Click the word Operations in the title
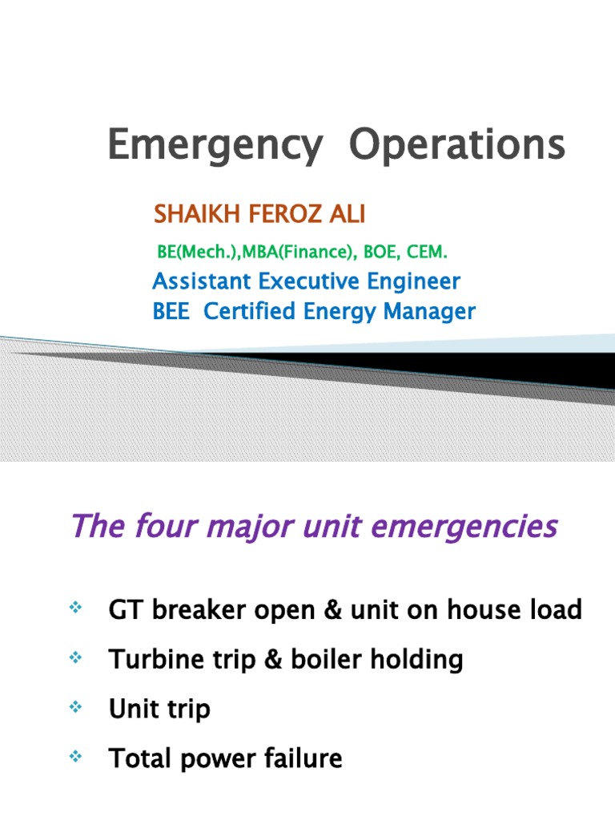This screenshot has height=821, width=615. pos(457,147)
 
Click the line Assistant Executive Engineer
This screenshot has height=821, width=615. pos(306,281)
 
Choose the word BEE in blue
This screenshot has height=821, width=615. pos(171,311)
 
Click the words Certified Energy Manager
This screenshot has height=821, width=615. pos(340,311)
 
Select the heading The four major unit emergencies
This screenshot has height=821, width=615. pos(313,527)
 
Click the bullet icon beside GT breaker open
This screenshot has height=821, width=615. pos(77,610)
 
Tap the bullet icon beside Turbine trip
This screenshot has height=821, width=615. pos(77,659)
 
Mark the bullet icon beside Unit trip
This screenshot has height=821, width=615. pos(77,708)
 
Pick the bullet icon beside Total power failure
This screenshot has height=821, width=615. pos(77,757)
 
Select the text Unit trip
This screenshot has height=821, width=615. pos(159,709)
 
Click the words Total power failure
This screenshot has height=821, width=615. pos(225,758)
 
